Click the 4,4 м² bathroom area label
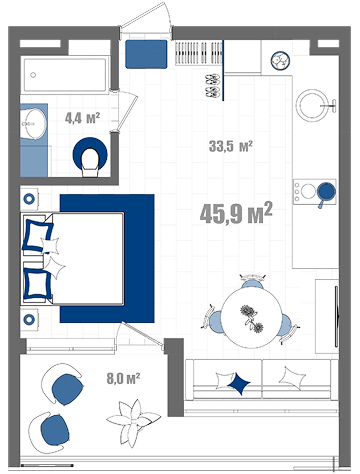pos(82,118)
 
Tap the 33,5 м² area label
pos(230,146)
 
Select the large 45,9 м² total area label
pos(236,213)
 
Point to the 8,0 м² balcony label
pos(123,379)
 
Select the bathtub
pos(65,74)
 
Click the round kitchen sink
pos(313,105)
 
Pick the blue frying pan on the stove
pos(325,193)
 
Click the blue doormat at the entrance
pos(146,54)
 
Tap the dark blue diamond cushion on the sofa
pos(239,383)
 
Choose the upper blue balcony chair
pos(65,388)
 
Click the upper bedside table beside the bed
pos(29,199)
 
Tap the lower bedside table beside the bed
pos(29,319)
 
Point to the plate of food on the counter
pos(280,61)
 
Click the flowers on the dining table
pos(251,318)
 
